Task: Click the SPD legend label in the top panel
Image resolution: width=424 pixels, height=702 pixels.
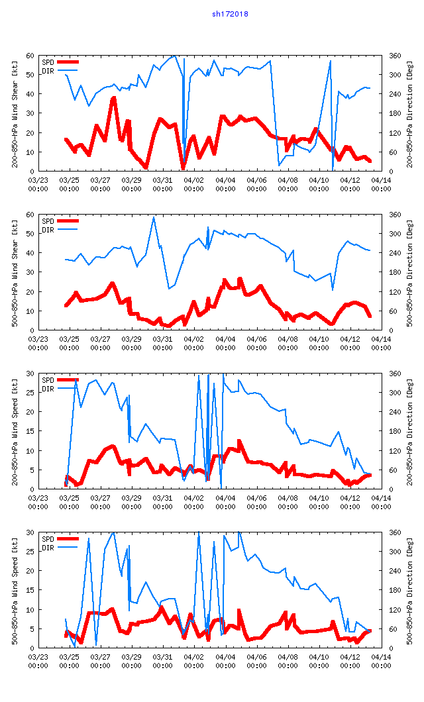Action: (x=48, y=62)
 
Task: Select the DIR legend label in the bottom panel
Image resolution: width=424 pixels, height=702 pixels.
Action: (x=48, y=548)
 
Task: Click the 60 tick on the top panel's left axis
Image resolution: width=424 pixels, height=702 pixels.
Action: (x=31, y=56)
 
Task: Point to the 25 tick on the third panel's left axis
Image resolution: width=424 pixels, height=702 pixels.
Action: (x=31, y=393)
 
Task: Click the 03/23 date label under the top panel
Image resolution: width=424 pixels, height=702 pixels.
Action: (x=38, y=183)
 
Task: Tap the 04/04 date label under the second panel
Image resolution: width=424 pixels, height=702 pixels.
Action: (x=225, y=342)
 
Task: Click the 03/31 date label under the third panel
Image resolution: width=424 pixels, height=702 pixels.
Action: (x=163, y=501)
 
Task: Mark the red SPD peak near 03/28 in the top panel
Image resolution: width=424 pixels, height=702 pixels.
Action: (x=114, y=98)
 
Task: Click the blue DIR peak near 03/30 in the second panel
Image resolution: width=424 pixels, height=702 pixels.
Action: (x=154, y=217)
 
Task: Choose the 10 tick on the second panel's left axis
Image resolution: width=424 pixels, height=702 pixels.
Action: (x=31, y=311)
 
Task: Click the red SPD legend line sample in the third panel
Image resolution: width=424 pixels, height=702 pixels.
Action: (x=68, y=380)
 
